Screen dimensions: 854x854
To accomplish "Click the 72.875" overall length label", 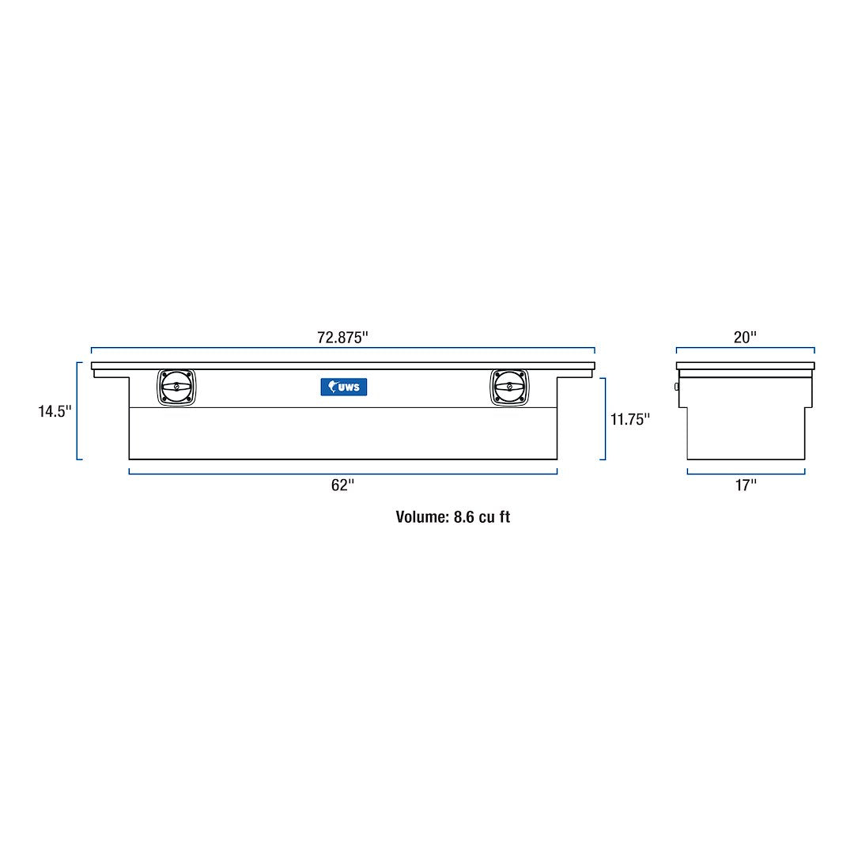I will coord(342,337).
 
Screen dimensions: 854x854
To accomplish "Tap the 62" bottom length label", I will coord(342,486).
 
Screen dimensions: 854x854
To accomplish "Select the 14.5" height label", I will coord(55,412).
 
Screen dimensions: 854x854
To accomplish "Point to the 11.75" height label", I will coord(629,419).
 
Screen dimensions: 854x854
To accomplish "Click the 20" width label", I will coord(745,337).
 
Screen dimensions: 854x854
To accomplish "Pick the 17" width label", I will coord(745,486).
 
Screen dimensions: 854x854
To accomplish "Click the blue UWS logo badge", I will coord(343,387).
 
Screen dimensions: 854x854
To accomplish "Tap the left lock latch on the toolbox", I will coord(176,387).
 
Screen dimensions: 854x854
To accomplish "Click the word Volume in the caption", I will coord(421,517).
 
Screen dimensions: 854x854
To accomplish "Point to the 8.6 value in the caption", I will coord(463,517).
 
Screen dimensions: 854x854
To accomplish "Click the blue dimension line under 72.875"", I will coord(342,348).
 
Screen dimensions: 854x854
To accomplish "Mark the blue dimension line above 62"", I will coord(342,474).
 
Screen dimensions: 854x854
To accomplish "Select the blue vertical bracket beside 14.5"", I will coord(77,410).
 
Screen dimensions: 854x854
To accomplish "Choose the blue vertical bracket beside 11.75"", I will coord(605,418).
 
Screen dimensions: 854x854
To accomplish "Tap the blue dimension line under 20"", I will coord(745,348).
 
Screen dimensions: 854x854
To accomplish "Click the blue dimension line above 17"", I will coord(745,474).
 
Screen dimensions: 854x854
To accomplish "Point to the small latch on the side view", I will coord(676,386).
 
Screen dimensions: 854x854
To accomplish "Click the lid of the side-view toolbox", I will coord(745,366).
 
